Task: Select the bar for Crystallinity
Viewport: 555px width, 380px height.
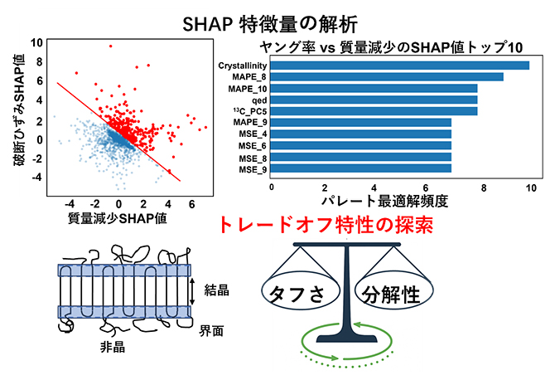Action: (x=400, y=65)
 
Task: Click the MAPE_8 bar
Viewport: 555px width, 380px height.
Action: (x=387, y=76)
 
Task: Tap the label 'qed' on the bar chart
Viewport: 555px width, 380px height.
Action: (x=259, y=100)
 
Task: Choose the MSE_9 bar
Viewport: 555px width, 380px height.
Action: (x=361, y=169)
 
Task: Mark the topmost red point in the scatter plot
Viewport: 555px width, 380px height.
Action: (x=110, y=46)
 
